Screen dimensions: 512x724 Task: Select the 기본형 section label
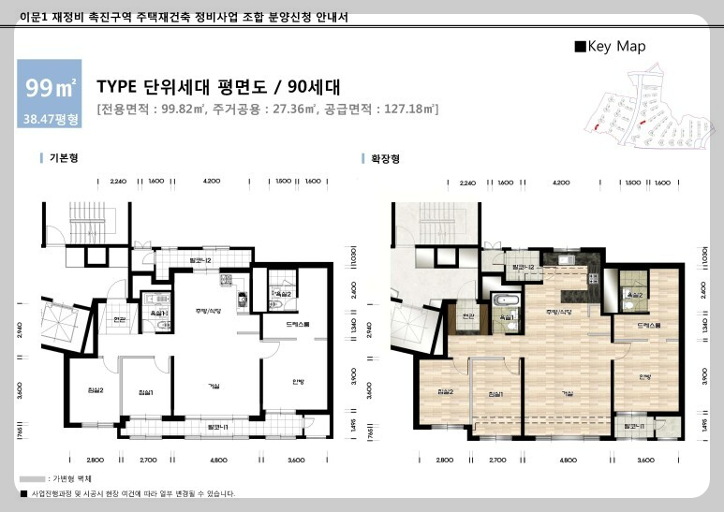tap(63, 159)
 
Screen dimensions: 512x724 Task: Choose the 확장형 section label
tap(385, 159)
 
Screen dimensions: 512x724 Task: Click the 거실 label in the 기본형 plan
tap(214, 386)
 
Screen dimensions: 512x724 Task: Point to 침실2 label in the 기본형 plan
tap(82, 390)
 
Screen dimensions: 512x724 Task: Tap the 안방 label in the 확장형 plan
tap(644, 377)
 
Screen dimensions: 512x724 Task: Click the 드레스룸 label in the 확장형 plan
tap(648, 325)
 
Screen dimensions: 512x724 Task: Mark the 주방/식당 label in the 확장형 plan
tap(559, 310)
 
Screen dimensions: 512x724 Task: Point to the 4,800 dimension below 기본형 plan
tap(218, 461)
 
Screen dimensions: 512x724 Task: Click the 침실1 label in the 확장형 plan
tap(496, 392)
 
